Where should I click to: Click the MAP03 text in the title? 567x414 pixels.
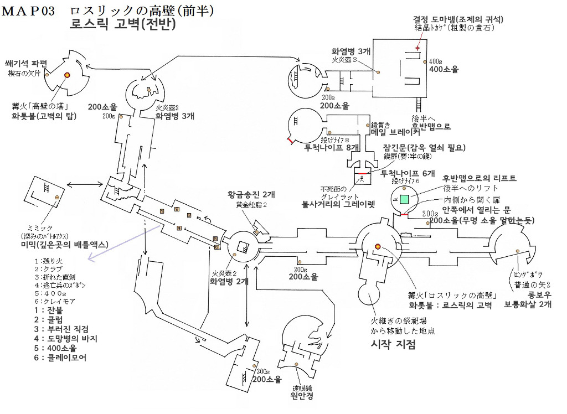29,11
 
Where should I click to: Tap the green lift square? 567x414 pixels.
405,199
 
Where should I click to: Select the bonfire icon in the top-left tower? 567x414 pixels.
67,75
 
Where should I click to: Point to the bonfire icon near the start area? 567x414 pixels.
378,246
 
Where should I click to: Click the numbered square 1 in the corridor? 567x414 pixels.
162,210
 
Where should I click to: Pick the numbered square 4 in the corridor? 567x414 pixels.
179,227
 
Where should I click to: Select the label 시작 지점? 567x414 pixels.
393,344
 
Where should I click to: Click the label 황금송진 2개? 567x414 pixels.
251,195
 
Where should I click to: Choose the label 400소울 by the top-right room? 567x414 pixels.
445,70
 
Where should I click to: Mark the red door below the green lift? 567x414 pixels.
405,213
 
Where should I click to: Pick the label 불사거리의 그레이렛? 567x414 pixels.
338,204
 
